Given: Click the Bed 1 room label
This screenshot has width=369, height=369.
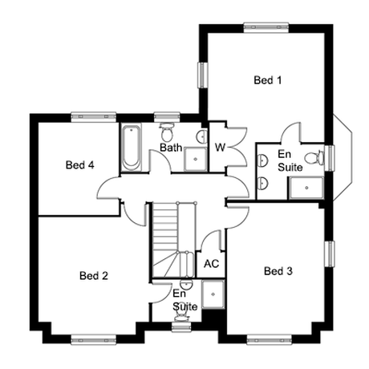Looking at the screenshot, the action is [x=268, y=80].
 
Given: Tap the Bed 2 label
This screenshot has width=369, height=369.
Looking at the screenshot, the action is [x=94, y=275].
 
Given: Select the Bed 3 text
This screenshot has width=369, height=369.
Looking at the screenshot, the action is [x=278, y=271].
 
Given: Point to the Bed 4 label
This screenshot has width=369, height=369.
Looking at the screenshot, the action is [x=80, y=164].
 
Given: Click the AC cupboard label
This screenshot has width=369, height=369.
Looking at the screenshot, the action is [x=211, y=264].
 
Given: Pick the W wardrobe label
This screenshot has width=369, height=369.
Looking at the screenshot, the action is [x=220, y=148].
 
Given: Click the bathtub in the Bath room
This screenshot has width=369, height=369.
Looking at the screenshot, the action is [x=131, y=148].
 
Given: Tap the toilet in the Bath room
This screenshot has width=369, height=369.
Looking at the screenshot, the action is [x=167, y=132].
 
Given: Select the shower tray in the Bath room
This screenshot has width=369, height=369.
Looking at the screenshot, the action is [x=196, y=159].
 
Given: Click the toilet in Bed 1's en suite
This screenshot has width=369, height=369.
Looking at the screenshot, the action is [x=314, y=158].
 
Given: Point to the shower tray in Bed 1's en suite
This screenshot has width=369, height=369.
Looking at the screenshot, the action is [x=306, y=188].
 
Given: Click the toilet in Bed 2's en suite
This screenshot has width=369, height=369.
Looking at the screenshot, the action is [x=181, y=317].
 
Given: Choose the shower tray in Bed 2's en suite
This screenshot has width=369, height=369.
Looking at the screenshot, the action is [x=213, y=294].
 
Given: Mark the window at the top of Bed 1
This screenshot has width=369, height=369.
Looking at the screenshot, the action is [x=266, y=28].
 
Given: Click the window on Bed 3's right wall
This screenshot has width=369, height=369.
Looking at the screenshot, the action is [x=330, y=253].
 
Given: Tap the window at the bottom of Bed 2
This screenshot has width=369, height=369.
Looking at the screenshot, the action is [x=94, y=339].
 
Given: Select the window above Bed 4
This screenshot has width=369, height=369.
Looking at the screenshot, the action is [x=94, y=117].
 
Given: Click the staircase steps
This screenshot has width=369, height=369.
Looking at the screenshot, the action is [x=173, y=240].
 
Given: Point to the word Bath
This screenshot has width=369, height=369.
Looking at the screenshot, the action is [x=171, y=148].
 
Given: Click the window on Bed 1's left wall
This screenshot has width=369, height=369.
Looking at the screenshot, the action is [x=203, y=75].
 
